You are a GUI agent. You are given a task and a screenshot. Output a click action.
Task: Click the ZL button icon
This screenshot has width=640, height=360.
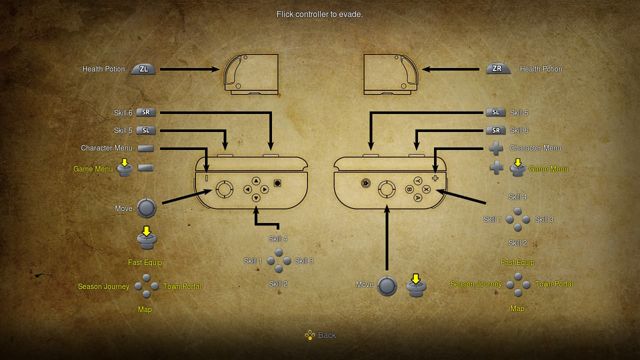click(143, 69)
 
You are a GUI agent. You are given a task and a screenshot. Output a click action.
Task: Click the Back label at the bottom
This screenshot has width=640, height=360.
click(327, 335)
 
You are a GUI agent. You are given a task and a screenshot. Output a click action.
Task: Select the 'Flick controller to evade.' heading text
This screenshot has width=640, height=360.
click(320, 14)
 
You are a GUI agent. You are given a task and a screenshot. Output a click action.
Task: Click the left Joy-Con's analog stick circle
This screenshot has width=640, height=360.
click(224, 189)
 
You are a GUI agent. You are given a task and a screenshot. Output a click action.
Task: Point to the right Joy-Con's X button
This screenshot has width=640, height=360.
click(426, 189)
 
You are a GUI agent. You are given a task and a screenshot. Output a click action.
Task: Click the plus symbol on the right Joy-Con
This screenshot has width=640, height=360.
click(435, 178)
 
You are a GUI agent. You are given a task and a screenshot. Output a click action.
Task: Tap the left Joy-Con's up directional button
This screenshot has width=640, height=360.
click(256, 181)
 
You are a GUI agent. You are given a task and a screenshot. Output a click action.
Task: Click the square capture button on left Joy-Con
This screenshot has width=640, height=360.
click(277, 183)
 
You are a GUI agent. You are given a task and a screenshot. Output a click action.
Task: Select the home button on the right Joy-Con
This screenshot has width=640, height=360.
click(366, 183)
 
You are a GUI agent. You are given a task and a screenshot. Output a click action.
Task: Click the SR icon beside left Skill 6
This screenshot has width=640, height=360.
click(146, 112)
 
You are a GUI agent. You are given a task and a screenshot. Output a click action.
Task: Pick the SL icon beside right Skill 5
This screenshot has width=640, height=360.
click(495, 112)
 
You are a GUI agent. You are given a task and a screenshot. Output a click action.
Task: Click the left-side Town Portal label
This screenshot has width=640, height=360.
click(182, 286)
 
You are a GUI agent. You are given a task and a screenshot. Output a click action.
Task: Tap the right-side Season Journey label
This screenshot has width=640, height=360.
click(476, 284)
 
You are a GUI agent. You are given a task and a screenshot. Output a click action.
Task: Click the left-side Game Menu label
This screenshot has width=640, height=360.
click(93, 169)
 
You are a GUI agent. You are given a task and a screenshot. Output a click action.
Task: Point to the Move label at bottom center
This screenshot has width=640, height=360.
click(364, 284)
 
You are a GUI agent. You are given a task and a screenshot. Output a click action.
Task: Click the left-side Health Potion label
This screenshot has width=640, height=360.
click(103, 69)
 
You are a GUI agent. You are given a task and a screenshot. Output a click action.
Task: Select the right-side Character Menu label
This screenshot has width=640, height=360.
click(535, 148)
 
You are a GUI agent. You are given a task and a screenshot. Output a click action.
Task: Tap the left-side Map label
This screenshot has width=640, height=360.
click(145, 309)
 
